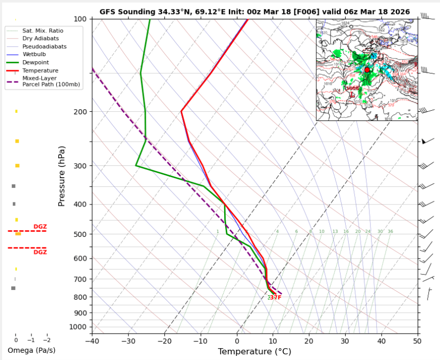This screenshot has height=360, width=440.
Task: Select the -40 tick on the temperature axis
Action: click(92, 340)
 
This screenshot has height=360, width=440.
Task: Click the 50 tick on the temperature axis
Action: click(417, 340)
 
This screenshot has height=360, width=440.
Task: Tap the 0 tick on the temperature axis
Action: click(237, 340)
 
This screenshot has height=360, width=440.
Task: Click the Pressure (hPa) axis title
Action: click(62, 176)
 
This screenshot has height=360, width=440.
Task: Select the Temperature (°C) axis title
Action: click(255, 352)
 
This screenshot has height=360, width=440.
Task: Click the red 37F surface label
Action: click(276, 298)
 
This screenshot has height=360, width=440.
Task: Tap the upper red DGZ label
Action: click(40, 227)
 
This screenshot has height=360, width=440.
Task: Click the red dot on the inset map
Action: click(367, 70)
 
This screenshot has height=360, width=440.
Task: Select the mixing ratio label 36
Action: click(390, 232)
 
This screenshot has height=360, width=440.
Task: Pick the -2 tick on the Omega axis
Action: click(46, 340)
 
